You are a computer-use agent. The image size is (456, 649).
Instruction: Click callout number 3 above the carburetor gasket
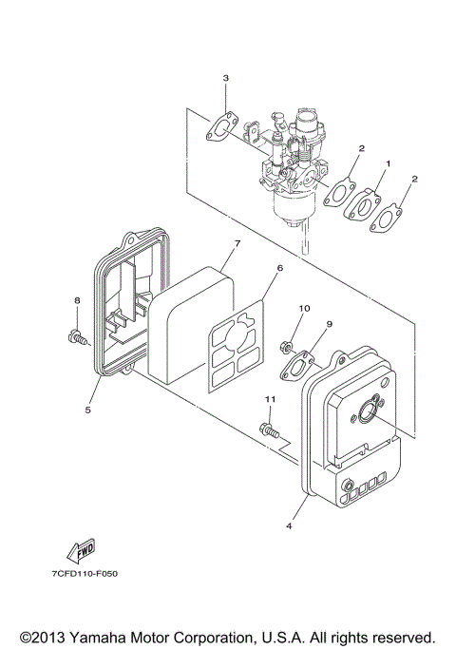(225, 77)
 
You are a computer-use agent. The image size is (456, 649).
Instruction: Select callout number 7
(237, 244)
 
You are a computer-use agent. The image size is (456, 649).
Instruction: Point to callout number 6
(279, 269)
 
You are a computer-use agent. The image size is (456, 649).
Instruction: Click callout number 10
(304, 309)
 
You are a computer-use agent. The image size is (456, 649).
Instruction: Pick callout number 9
(329, 325)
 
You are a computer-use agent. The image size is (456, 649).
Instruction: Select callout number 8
(77, 301)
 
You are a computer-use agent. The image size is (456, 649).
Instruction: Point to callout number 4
(289, 521)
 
